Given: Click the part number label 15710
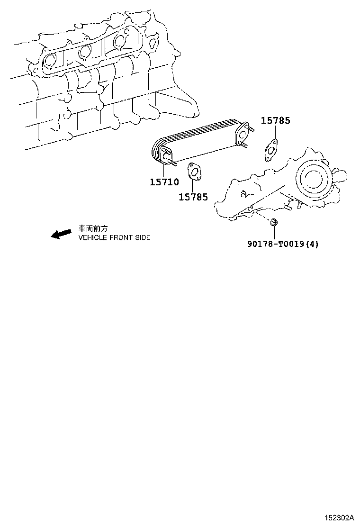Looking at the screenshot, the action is pyautogui.click(x=164, y=182).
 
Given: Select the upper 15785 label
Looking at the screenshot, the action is pyautogui.click(x=276, y=121).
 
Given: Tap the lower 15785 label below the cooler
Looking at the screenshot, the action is pyautogui.click(x=193, y=197).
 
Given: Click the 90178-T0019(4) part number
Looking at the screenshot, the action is pyautogui.click(x=283, y=244).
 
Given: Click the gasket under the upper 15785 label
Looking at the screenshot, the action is pyautogui.click(x=270, y=151).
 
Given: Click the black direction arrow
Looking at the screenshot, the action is pyautogui.click(x=61, y=234).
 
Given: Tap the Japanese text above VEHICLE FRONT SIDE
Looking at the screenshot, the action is pyautogui.click(x=93, y=229).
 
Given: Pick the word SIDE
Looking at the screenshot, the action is pyautogui.click(x=142, y=238).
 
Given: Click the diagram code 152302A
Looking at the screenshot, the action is pyautogui.click(x=339, y=517).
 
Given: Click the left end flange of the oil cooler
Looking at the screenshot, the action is pyautogui.click(x=167, y=155).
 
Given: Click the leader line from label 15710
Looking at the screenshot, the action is pyautogui.click(x=163, y=171).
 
